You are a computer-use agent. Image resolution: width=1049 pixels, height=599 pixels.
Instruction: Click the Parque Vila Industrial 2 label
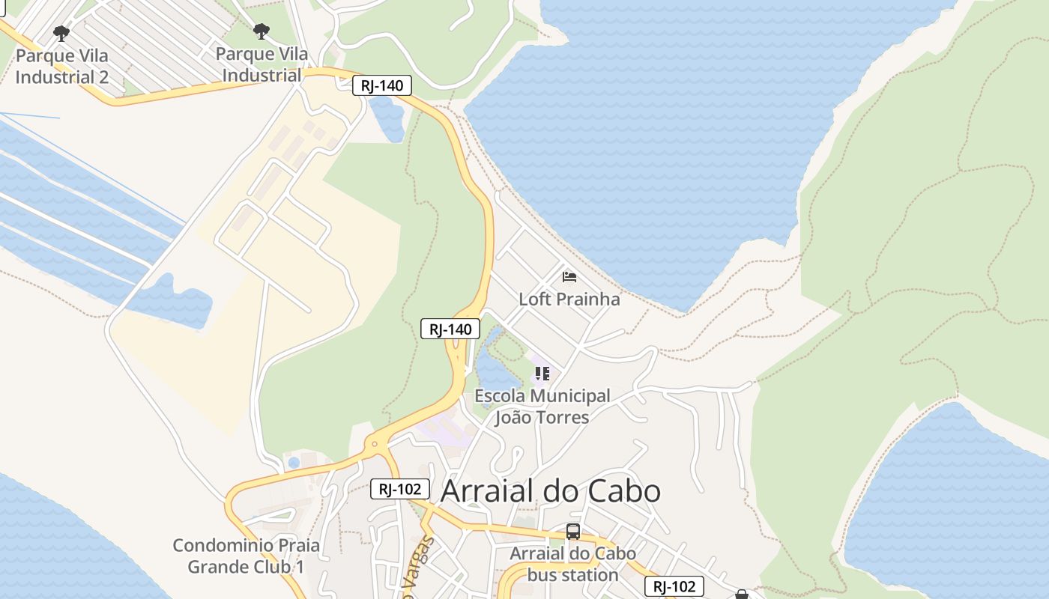click(61, 66)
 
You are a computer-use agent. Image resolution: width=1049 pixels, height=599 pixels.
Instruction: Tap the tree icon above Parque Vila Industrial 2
click(61, 33)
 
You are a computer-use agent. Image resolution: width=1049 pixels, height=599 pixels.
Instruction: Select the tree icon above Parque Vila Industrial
click(261, 31)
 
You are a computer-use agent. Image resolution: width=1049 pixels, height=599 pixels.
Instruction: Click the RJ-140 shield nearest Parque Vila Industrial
click(382, 85)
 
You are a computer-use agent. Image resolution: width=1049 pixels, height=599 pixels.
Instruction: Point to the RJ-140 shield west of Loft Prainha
click(450, 329)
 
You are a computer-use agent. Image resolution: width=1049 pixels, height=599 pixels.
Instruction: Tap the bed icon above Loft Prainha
click(569, 277)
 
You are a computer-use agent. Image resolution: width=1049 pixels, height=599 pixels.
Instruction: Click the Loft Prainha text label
click(569, 299)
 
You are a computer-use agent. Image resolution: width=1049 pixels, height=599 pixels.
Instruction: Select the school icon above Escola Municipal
click(542, 373)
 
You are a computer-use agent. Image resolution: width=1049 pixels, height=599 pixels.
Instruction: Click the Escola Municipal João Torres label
click(542, 406)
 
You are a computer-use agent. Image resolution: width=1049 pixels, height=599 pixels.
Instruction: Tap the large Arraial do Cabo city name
click(551, 491)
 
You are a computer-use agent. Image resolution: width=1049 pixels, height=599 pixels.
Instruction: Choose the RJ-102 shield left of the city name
click(400, 490)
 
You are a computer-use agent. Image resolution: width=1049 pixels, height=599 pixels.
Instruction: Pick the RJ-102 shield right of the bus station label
click(674, 586)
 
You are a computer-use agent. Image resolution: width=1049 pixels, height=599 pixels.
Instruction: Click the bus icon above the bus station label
click(573, 532)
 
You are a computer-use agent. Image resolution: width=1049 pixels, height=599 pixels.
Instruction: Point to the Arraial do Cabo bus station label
click(573, 564)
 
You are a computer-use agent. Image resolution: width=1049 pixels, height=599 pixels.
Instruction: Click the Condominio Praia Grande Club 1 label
click(246, 556)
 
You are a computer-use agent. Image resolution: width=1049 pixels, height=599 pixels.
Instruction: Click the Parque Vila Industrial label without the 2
click(262, 64)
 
